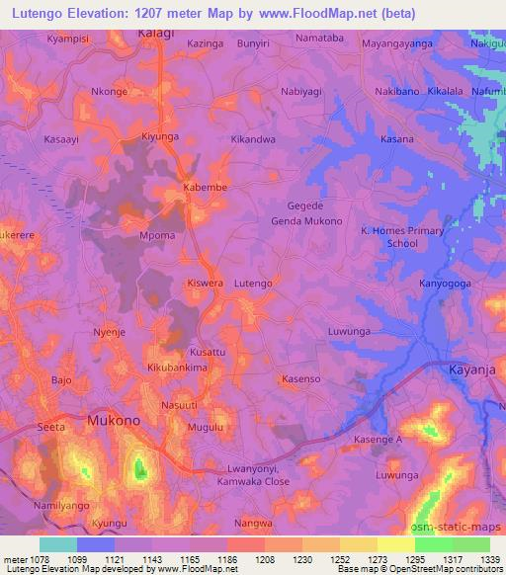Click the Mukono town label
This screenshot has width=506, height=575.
114,420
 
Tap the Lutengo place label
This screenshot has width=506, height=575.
253,284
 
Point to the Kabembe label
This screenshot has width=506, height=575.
206,187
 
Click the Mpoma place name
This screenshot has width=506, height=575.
158,236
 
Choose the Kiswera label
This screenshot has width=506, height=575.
206,284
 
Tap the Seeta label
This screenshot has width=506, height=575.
50,427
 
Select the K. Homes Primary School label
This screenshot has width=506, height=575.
402,237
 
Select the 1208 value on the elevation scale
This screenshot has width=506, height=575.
264,558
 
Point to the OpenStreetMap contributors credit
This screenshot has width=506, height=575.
444,569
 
